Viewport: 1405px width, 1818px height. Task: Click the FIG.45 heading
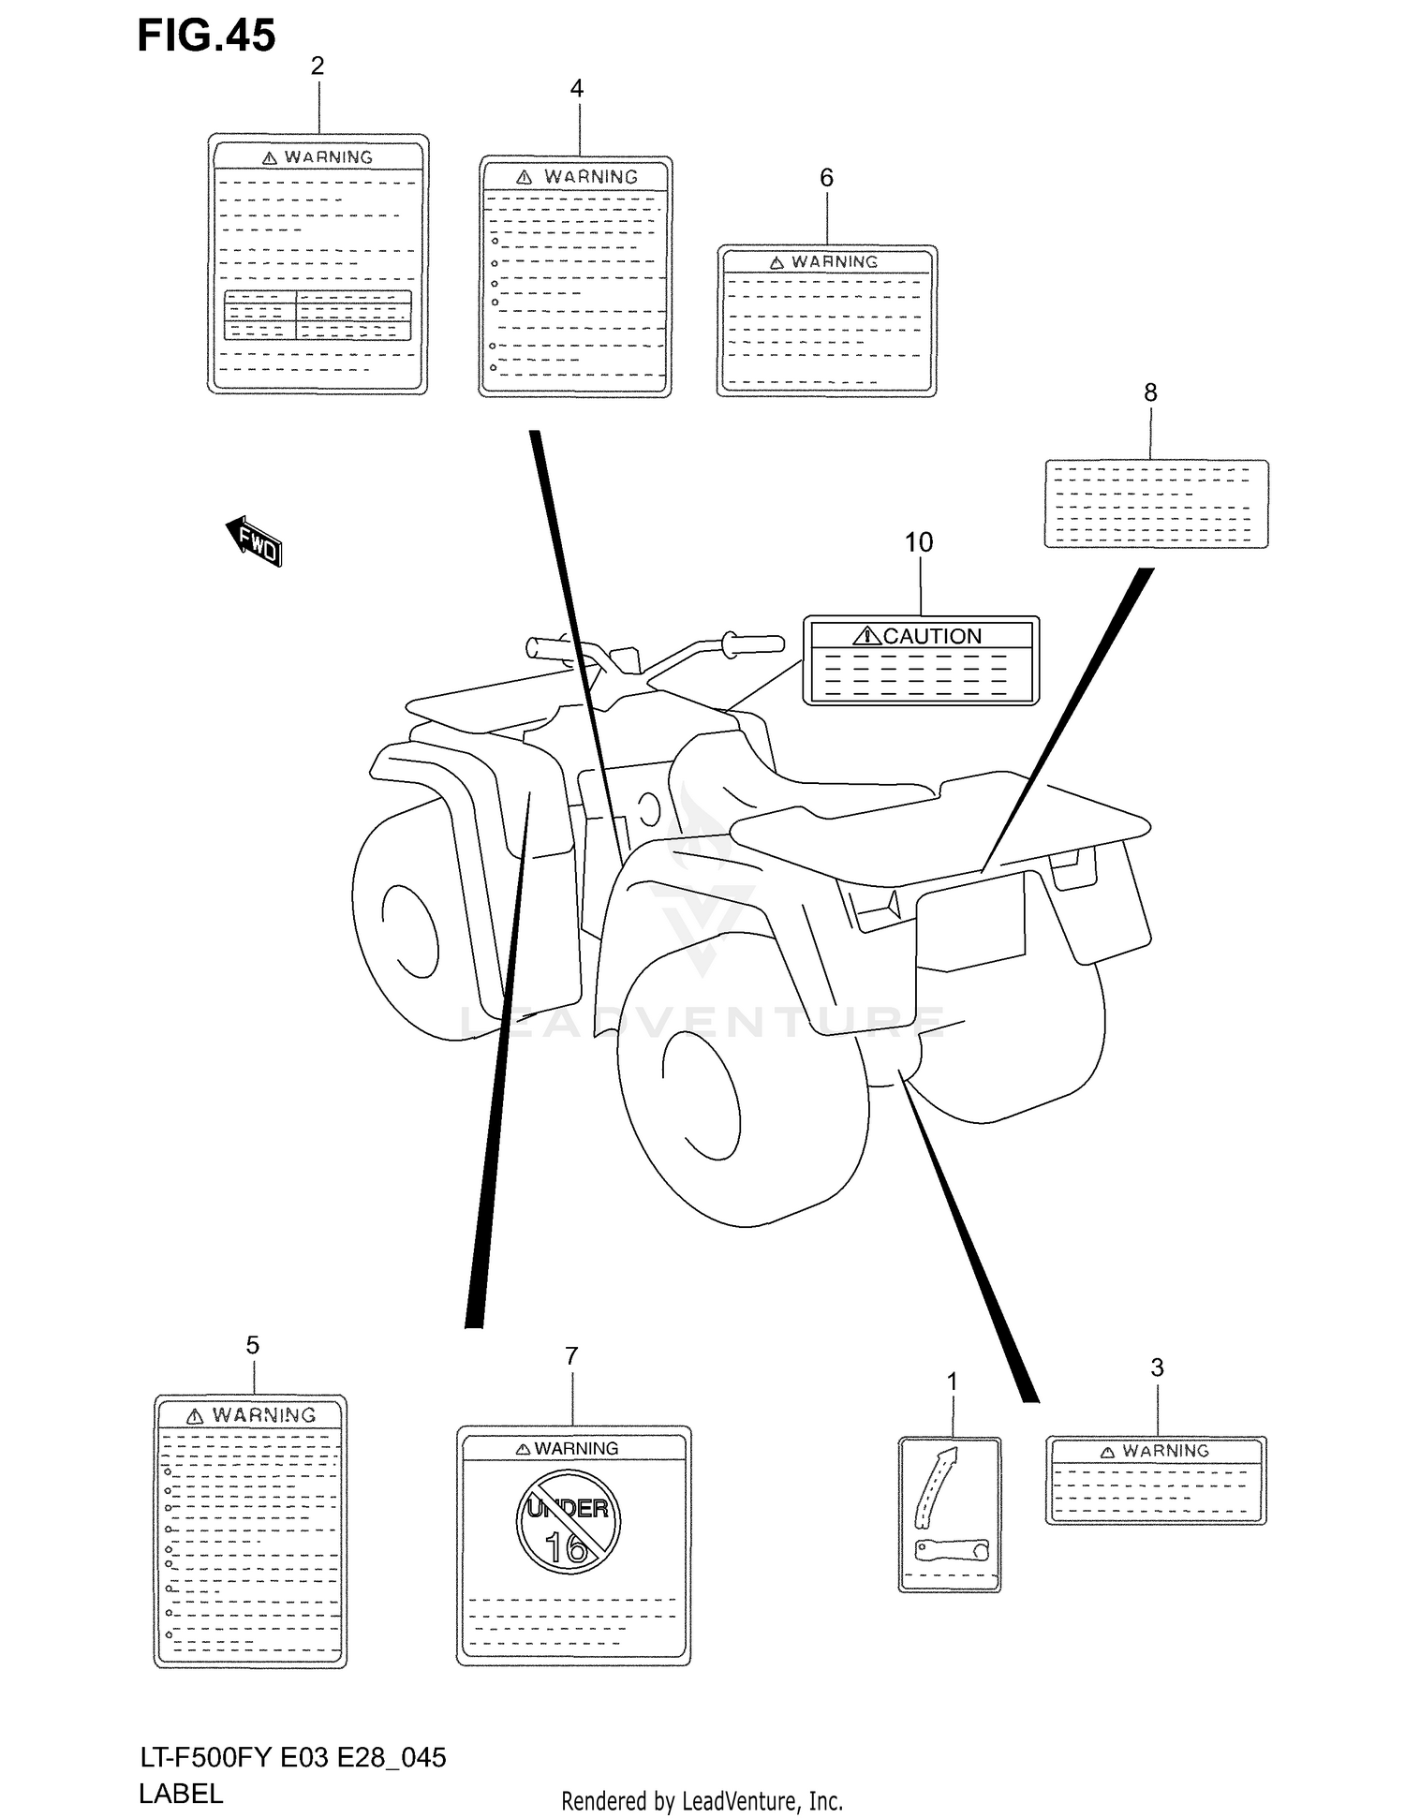206,36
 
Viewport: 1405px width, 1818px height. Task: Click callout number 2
318,66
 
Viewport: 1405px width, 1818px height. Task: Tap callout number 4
577,88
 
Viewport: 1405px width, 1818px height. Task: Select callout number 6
826,177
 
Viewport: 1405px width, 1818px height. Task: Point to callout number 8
1150,392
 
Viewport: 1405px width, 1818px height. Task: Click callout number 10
919,542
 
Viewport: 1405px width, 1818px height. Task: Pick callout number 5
253,1346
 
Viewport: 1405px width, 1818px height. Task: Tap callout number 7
571,1356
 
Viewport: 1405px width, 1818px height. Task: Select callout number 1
953,1382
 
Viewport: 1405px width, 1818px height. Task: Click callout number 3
1157,1367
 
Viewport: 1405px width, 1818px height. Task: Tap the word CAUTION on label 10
931,636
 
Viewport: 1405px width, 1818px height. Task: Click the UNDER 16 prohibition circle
569,1521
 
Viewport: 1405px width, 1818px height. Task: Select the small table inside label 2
318,316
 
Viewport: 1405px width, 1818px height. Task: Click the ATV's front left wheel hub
409,930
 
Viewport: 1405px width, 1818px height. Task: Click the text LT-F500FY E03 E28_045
292,1757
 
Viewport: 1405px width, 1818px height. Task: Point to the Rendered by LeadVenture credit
702,1800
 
